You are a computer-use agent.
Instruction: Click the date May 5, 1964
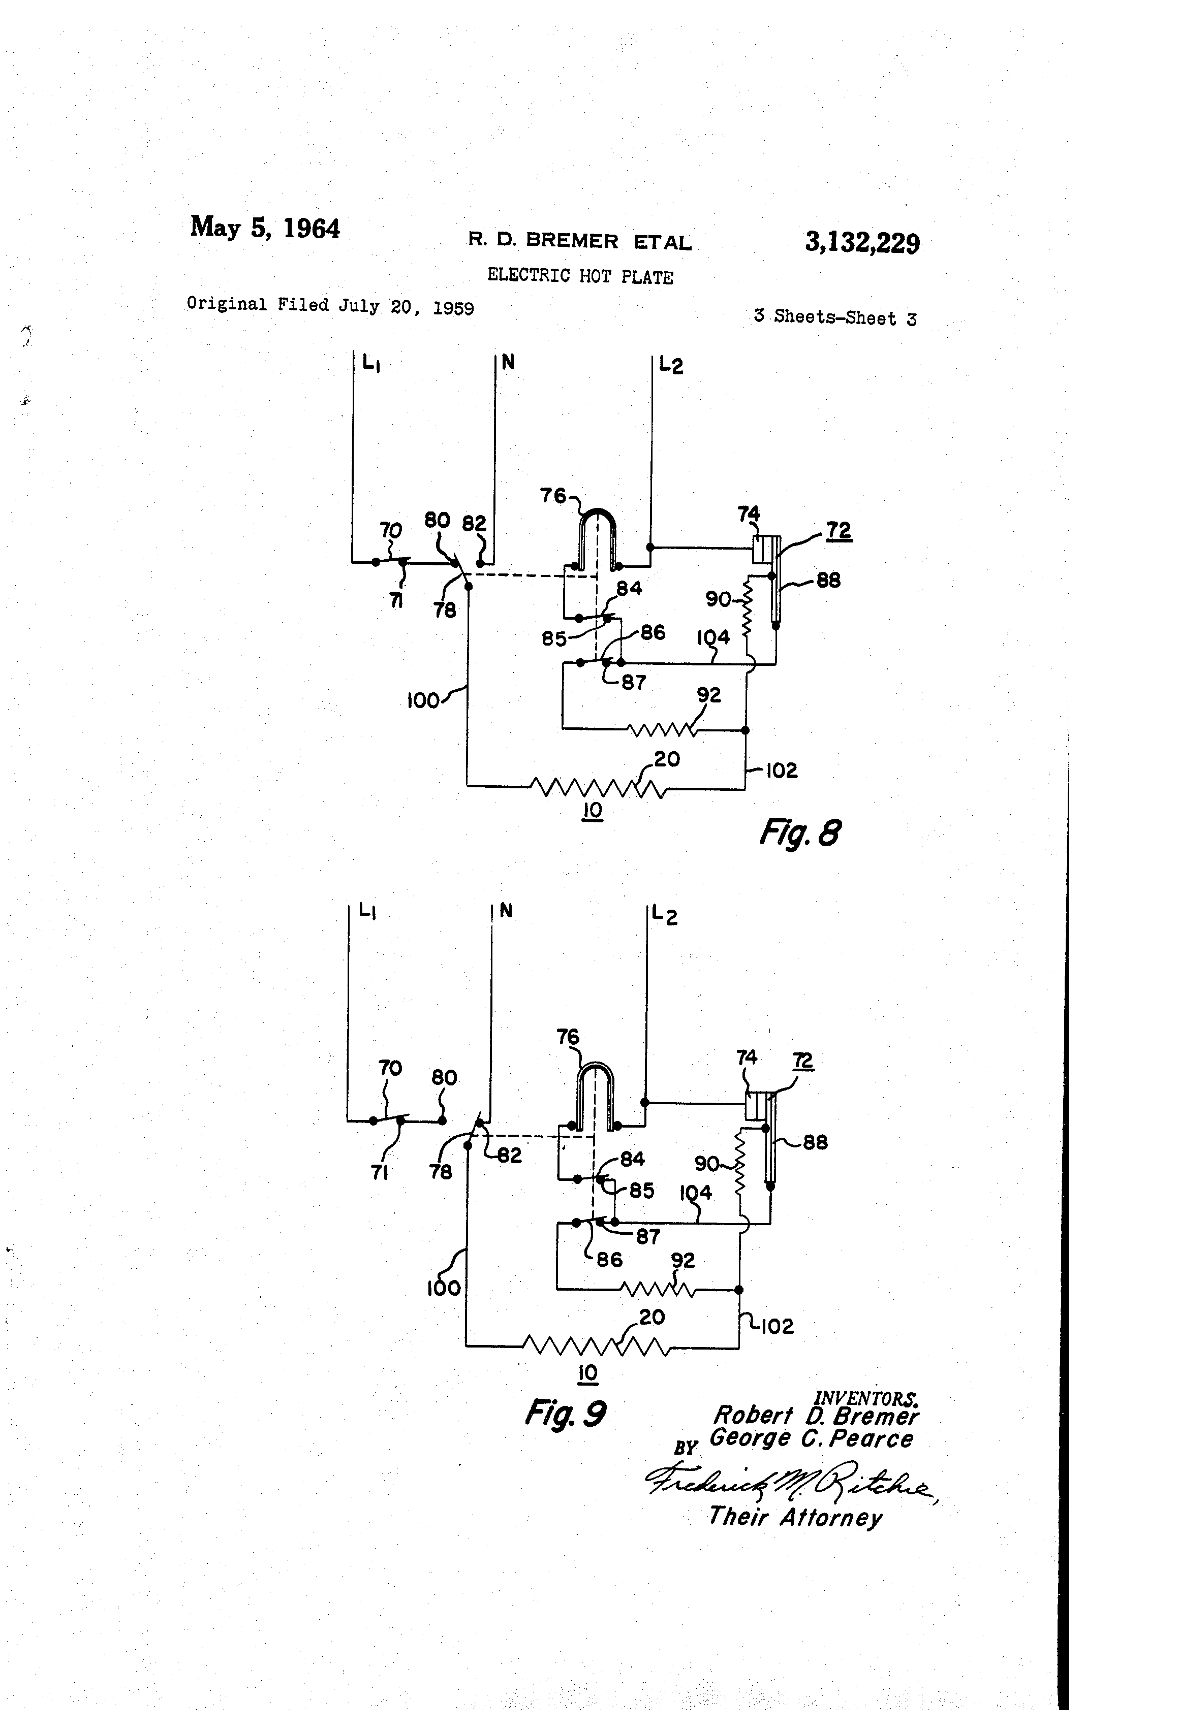[265, 227]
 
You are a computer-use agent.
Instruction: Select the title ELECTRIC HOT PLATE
[580, 276]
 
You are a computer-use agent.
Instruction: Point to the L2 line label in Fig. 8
[671, 365]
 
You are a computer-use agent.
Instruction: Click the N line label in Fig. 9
[506, 910]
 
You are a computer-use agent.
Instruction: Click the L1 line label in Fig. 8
[371, 364]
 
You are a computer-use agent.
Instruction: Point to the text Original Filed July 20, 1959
[330, 305]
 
